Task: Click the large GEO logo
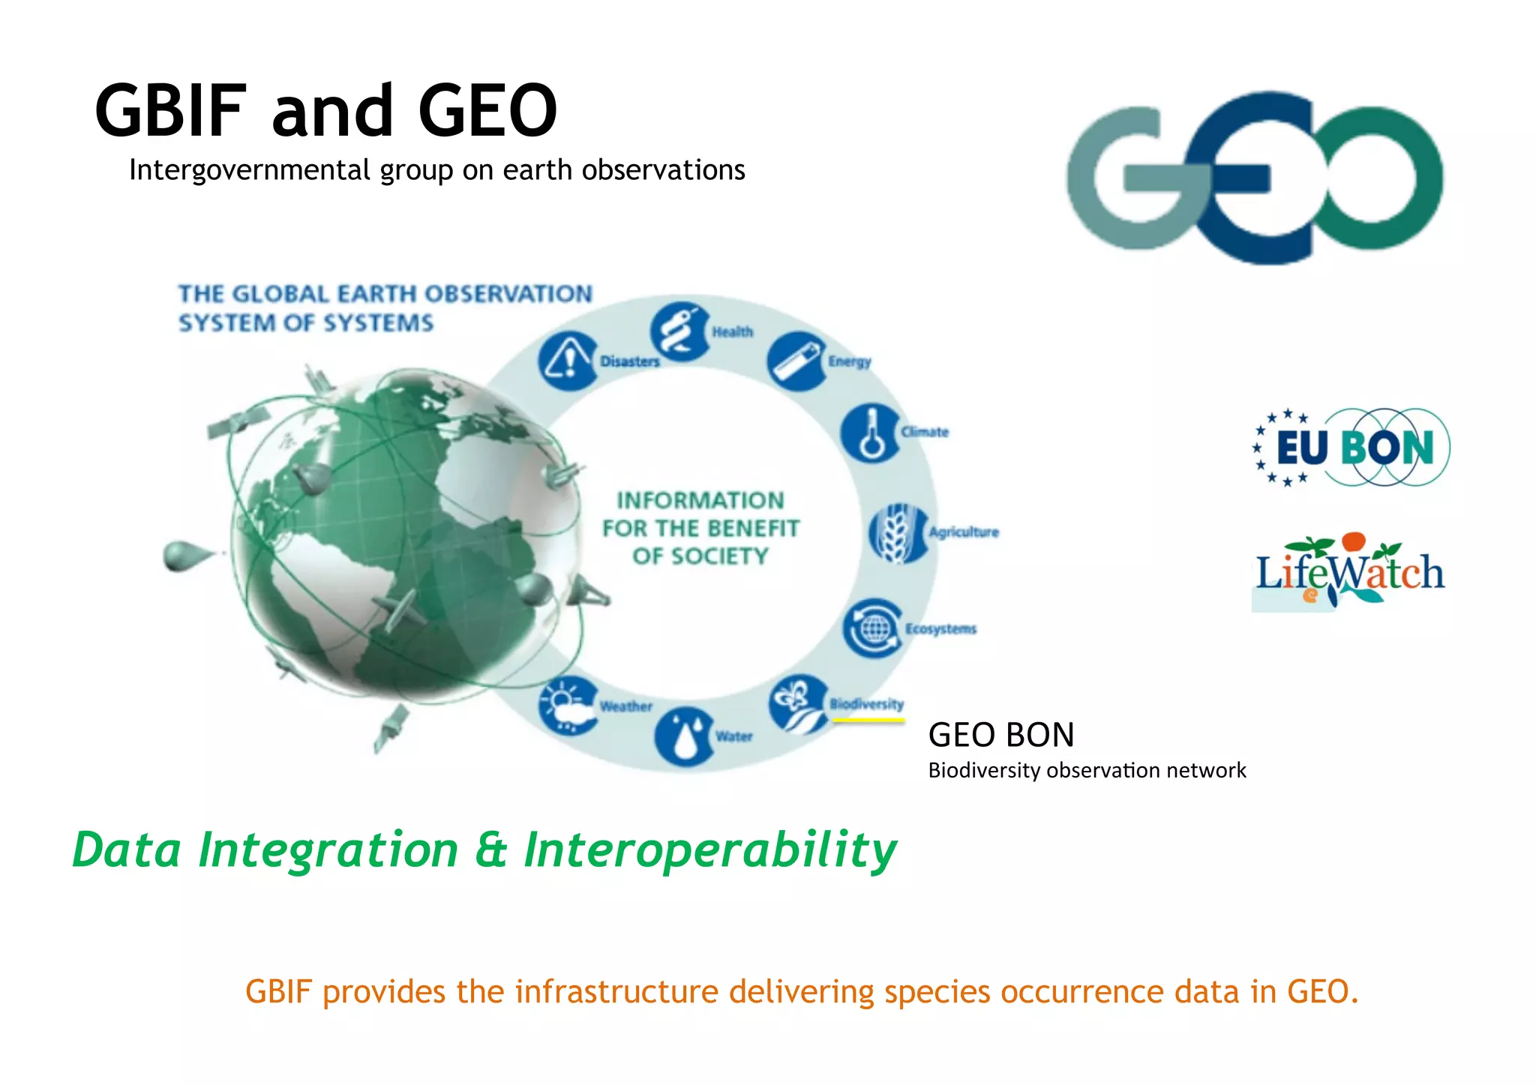click(x=1255, y=178)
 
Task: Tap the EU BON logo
click(x=1351, y=448)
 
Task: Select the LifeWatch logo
click(x=1349, y=572)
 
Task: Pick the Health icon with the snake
click(x=679, y=331)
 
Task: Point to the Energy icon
click(x=796, y=361)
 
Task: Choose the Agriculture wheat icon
click(x=897, y=533)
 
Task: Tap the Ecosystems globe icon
click(x=872, y=628)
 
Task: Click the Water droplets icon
click(x=683, y=737)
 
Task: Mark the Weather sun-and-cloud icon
click(x=568, y=706)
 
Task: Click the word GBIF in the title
click(x=171, y=111)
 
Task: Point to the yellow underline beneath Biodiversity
click(x=868, y=721)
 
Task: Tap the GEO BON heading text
click(x=1001, y=735)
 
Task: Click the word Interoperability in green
click(x=709, y=850)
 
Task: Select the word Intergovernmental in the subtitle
click(x=251, y=171)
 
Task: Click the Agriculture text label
click(x=964, y=532)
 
